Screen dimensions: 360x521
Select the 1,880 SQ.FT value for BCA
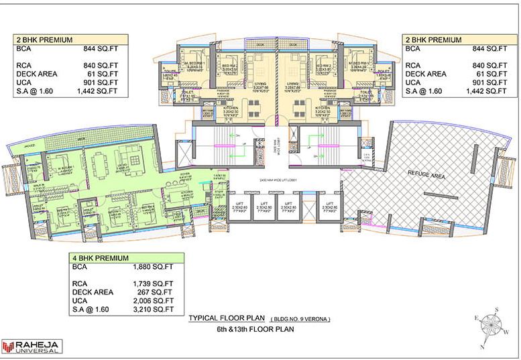(x=154, y=266)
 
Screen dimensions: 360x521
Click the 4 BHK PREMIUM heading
(x=101, y=257)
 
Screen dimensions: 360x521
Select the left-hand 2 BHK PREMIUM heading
(x=44, y=40)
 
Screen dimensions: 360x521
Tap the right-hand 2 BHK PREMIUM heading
(x=433, y=40)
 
